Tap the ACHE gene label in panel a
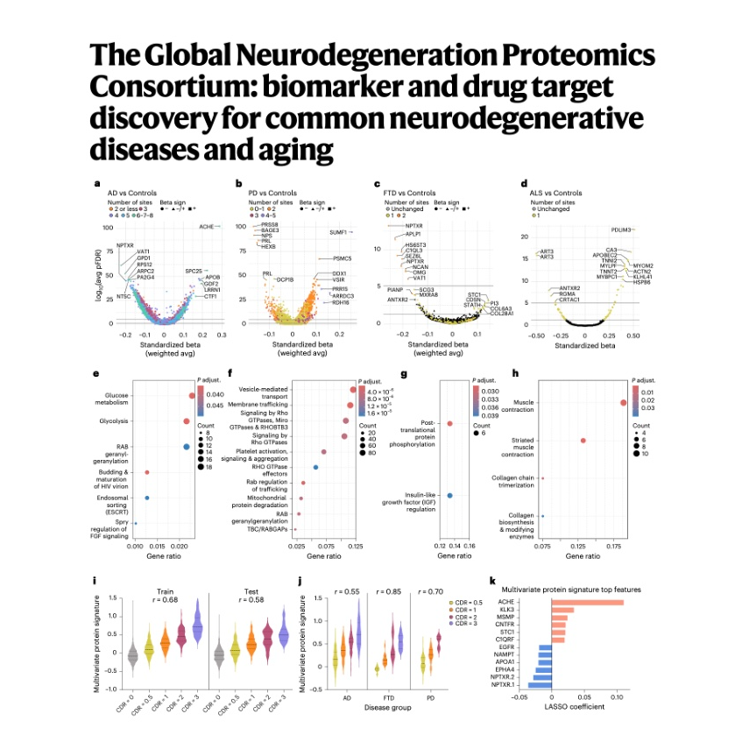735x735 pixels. point(207,227)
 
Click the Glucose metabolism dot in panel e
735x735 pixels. point(191,395)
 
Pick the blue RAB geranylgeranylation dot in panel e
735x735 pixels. point(187,447)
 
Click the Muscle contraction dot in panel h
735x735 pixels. point(623,403)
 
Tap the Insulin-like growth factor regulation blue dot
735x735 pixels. point(449,496)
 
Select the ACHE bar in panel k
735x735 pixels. point(587,602)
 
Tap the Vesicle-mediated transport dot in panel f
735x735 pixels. point(353,391)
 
